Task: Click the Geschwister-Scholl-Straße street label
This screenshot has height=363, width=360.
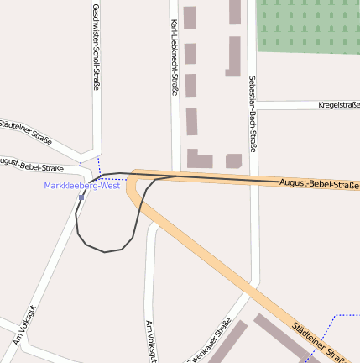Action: click(97, 46)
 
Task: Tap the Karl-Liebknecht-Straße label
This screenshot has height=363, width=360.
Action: click(175, 57)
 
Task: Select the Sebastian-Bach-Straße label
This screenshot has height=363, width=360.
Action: click(252, 114)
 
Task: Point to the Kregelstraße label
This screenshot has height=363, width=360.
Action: click(338, 105)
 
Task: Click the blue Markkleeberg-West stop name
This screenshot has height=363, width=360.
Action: click(82, 186)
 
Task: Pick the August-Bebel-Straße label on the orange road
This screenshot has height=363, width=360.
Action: click(318, 183)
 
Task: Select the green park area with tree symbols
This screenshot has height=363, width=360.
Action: click(308, 26)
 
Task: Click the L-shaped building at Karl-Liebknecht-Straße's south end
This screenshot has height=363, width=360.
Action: click(198, 159)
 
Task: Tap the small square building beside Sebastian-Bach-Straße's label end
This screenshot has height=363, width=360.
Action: click(233, 160)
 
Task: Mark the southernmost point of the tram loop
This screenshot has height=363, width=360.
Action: click(105, 251)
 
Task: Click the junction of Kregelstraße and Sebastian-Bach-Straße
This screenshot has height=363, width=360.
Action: click(253, 105)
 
